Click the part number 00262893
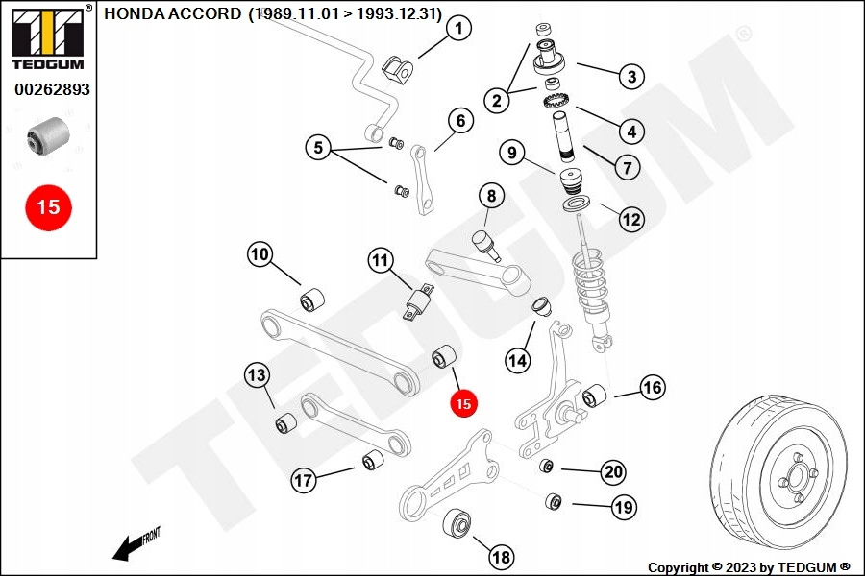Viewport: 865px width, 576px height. point(53,89)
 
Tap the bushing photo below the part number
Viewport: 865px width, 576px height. point(49,135)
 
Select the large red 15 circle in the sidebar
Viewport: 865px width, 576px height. point(49,207)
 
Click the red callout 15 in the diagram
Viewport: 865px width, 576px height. point(463,403)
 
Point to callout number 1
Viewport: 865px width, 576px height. point(459,28)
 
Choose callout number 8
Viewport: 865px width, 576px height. point(491,196)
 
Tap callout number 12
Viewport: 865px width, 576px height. point(631,220)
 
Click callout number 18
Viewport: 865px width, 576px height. point(501,557)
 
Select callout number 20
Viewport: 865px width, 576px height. point(613,471)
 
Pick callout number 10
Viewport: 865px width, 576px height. point(259,254)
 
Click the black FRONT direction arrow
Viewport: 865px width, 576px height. point(128,548)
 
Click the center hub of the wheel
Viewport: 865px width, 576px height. point(798,475)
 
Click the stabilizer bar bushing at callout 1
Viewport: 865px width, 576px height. point(398,69)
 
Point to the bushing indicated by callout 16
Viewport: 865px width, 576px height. point(594,396)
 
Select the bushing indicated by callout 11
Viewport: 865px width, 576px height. point(419,301)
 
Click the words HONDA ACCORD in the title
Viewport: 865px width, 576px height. point(173,13)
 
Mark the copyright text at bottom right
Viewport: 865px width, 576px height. point(749,567)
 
